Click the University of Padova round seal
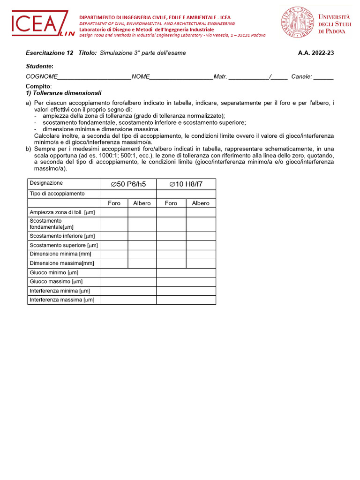pos(298,23)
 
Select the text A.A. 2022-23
pos(316,53)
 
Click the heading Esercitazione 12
pos(49,53)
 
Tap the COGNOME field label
pos(42,76)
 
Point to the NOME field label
pos(141,76)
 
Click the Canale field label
pos(301,76)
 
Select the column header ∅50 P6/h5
pos(128,184)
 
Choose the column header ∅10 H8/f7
pos(186,184)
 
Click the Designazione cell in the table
pos(46,183)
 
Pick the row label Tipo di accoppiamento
pos(57,194)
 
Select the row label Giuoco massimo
pos(56,282)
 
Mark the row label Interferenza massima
pos(62,300)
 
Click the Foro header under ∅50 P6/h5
pos(114,203)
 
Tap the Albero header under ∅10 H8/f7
pos(201,203)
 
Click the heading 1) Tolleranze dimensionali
pos(63,93)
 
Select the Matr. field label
pos(220,76)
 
